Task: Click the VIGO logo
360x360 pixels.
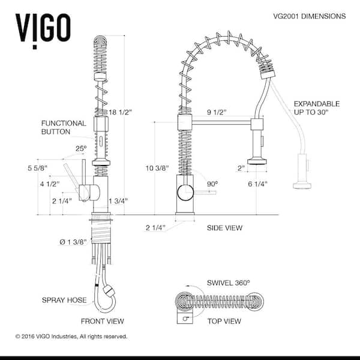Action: tap(43, 31)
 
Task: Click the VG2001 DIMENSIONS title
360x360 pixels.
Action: tap(309, 16)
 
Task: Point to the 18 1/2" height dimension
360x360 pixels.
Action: tap(121, 112)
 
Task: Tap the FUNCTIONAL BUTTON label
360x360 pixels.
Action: tap(64, 127)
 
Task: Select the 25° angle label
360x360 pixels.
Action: tap(81, 149)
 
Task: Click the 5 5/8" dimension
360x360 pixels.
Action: tap(37, 168)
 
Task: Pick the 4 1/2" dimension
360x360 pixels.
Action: tap(50, 184)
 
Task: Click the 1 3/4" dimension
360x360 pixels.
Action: tap(118, 201)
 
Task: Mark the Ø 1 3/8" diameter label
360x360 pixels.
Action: tap(73, 242)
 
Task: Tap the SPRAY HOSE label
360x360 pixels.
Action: tap(64, 300)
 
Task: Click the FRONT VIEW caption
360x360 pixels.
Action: tap(103, 321)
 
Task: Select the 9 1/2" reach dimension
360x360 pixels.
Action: tap(217, 112)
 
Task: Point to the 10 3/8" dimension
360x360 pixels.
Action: tap(157, 168)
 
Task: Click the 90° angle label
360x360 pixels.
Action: tap(212, 184)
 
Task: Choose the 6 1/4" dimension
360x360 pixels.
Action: tap(257, 184)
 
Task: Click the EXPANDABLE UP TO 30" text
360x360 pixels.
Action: tap(317, 108)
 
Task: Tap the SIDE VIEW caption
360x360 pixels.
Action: tap(224, 228)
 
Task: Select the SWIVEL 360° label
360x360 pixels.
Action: tap(228, 283)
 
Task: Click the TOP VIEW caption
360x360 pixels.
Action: tap(224, 321)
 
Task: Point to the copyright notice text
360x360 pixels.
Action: tap(71, 337)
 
